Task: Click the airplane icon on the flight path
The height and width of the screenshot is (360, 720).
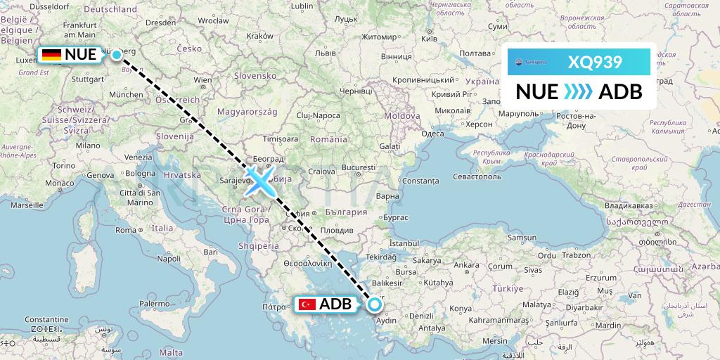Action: [x=259, y=182]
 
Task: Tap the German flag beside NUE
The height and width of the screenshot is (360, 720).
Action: [x=51, y=55]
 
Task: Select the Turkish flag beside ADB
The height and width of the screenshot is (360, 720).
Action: [x=307, y=304]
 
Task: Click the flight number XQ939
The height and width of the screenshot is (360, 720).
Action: [x=595, y=62]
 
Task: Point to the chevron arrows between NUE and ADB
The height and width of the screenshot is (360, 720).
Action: [x=579, y=92]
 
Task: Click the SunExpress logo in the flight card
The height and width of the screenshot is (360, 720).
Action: [x=533, y=62]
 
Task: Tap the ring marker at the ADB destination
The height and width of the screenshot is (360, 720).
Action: [x=374, y=304]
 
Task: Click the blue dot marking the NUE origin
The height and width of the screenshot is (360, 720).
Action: [x=116, y=54]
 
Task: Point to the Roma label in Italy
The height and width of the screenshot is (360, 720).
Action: [x=125, y=230]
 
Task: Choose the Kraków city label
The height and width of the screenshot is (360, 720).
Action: [x=259, y=36]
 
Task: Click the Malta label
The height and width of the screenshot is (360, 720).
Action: [x=172, y=352]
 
